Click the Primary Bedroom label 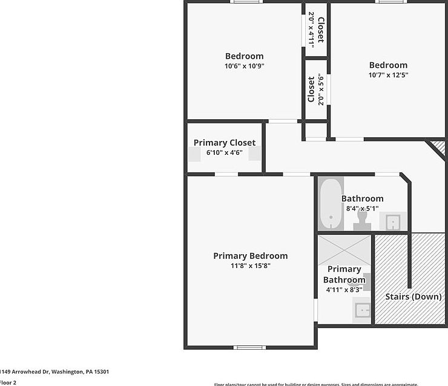click(250, 256)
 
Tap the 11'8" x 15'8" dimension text click(250, 266)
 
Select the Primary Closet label click(224, 143)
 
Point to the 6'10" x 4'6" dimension click(224, 152)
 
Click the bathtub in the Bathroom click(331, 203)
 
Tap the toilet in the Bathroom click(363, 220)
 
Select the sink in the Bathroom click(394, 222)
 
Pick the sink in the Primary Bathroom click(363, 310)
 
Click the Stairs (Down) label click(413, 296)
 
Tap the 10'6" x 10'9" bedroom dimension click(244, 66)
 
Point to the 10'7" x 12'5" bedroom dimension click(388, 75)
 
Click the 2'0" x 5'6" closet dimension click(321, 89)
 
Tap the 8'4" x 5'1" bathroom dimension click(362, 208)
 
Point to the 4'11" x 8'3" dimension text click(344, 290)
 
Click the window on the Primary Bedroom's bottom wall click(249, 347)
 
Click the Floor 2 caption click(8, 382)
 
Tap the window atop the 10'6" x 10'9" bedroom click(246, 2)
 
